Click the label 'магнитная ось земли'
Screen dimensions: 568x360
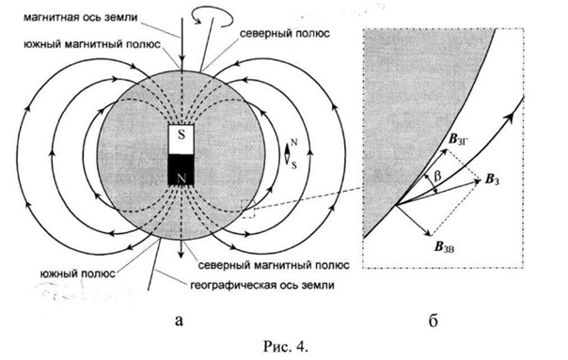coord(81,17)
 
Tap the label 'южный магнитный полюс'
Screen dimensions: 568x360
coord(92,44)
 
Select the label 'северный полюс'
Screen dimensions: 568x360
coord(285,34)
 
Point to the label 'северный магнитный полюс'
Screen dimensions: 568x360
coord(274,265)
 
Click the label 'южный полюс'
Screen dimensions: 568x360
coord(78,274)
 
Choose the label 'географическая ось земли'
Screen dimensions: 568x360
coord(262,285)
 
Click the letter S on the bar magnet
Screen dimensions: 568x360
coord(181,135)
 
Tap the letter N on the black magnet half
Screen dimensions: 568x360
coord(181,178)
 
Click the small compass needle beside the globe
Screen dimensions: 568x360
coord(287,154)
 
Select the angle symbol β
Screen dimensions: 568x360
coord(437,177)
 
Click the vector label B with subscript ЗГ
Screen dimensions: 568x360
coord(459,139)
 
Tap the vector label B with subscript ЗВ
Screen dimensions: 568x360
coord(445,247)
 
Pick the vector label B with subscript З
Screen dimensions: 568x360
coord(492,180)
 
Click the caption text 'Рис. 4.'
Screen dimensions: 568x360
coord(286,347)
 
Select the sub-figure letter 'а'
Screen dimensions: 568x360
coord(179,321)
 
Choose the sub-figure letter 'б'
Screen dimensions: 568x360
coord(434,320)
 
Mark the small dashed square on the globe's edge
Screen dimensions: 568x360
coord(248,209)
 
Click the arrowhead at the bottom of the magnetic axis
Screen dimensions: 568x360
coord(181,254)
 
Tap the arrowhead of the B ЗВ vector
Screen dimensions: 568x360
coord(428,232)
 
